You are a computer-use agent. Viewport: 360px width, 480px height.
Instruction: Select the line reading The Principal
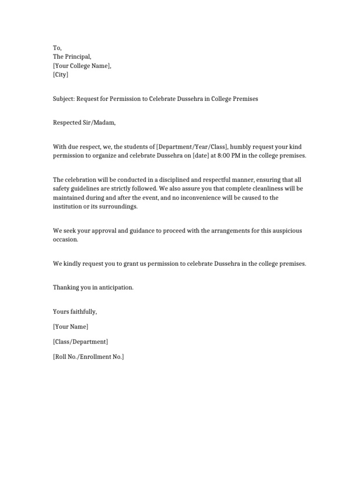[x=75, y=57]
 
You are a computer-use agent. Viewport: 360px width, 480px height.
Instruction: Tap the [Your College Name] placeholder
[x=82, y=66]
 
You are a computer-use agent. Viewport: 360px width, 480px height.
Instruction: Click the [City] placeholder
[x=61, y=75]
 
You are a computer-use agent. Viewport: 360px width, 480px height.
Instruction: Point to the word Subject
[x=64, y=99]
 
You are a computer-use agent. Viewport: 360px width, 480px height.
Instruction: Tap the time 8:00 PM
[x=225, y=156]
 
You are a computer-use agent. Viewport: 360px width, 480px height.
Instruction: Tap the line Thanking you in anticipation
[x=93, y=287]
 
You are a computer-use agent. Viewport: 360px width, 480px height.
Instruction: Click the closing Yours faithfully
[x=75, y=312]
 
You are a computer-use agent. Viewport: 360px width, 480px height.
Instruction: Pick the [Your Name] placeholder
[x=71, y=327]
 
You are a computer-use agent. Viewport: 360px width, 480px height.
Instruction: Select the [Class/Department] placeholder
[x=81, y=342]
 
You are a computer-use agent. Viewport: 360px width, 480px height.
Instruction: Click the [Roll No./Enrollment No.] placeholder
[x=89, y=357]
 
